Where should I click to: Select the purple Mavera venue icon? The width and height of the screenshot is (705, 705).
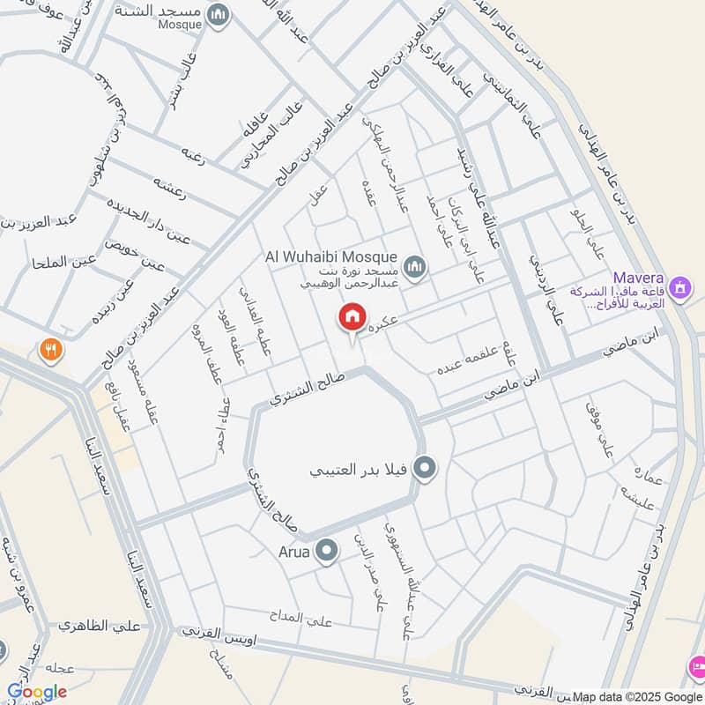[x=679, y=287]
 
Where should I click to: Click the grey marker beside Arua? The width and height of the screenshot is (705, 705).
[x=327, y=552]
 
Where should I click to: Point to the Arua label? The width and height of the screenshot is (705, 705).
[x=294, y=553]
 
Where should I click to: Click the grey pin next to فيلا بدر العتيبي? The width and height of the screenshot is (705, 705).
[x=425, y=468]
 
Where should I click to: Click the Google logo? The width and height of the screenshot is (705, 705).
[x=36, y=692]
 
